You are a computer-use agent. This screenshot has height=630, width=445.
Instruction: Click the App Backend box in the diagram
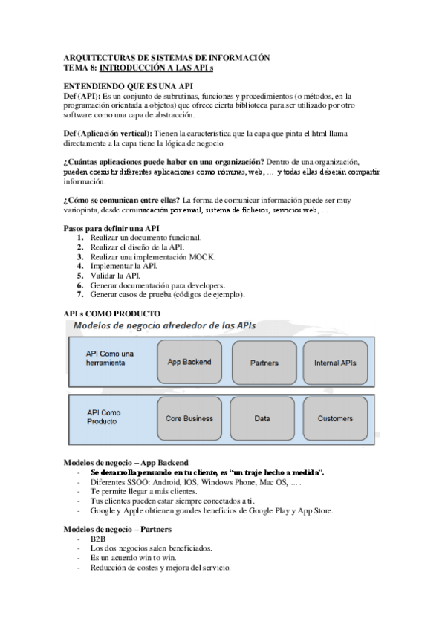coord(189,362)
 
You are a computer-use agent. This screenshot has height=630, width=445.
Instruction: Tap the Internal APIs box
coord(335,362)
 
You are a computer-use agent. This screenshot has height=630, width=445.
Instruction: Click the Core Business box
coord(189,418)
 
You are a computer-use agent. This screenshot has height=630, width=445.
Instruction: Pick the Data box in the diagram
coord(262,418)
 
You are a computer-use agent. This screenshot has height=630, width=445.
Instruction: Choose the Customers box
coord(335,418)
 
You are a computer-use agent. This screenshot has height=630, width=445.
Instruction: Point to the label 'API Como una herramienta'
coord(110,358)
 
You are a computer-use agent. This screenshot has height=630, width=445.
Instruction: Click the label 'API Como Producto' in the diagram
coord(104,416)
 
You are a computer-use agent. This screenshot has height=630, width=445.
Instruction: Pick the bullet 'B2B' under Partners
coord(98,539)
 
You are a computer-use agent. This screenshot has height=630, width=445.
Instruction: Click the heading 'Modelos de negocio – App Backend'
coord(126,461)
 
